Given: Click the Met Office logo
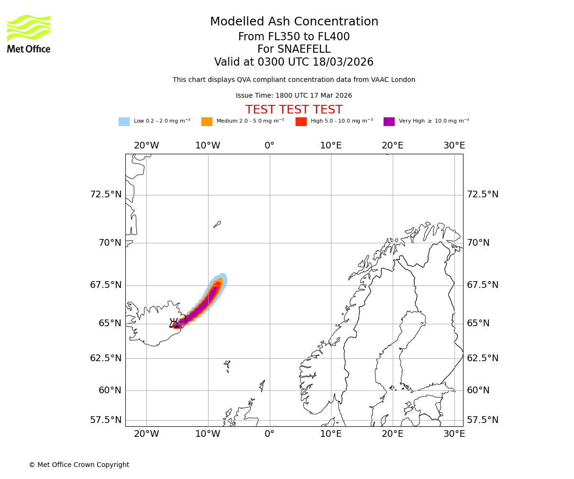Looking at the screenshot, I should point(29,34).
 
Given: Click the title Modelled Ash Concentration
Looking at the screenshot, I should point(294,22).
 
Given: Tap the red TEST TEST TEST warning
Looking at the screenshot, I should point(294,110).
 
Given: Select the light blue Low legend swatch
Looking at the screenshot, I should point(124,122).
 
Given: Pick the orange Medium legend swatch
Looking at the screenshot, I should point(207,122).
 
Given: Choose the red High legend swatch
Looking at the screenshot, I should point(301,122).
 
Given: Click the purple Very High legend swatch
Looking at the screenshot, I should point(389,122).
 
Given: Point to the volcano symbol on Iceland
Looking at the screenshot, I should point(174,323).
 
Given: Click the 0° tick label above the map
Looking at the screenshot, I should point(269,146).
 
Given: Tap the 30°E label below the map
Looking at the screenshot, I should point(454,434).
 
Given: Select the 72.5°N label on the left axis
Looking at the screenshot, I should point(106,194).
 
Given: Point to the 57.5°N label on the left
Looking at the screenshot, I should point(106,420).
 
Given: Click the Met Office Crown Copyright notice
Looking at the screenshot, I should point(79,465).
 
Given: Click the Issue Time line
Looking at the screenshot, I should point(294,96).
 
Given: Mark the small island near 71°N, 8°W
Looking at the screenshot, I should point(217,224).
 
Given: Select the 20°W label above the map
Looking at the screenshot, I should point(146,146).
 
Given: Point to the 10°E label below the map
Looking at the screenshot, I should point(331,434).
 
